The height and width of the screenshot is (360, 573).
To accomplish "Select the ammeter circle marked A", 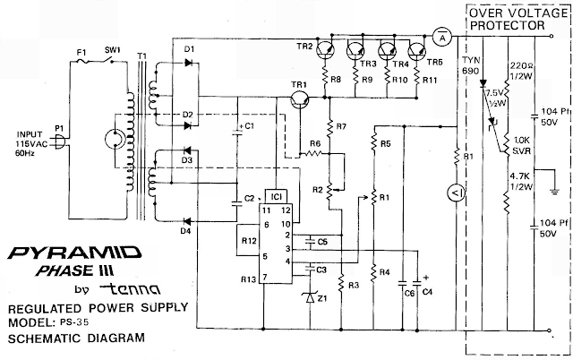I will click(441, 36).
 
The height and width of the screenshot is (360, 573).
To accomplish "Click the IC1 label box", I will click(278, 194).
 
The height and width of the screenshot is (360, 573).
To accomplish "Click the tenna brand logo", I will click(131, 288).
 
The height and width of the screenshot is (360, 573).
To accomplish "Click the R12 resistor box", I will click(250, 241).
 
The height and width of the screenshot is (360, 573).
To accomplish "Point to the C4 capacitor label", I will click(427, 292).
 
